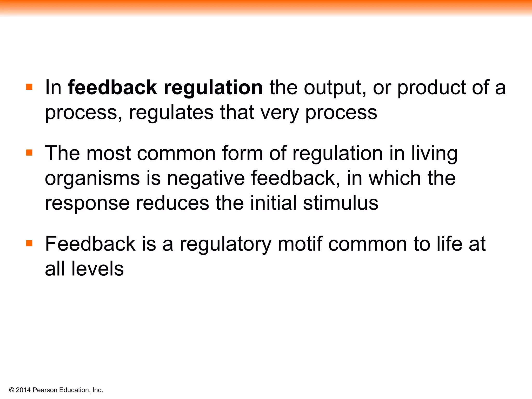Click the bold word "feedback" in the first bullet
click(x=112, y=88)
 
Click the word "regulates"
click(x=171, y=113)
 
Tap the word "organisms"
click(x=92, y=179)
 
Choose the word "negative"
click(x=206, y=178)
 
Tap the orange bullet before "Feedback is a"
click(x=29, y=243)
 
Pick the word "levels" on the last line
click(x=97, y=269)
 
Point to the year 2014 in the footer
click(x=23, y=390)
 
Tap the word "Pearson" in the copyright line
click(x=45, y=390)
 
